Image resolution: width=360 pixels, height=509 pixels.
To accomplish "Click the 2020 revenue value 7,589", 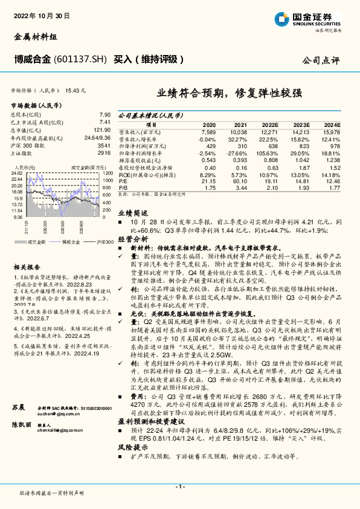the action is coord(207,131).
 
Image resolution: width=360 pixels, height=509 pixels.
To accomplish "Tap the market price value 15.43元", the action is coord(76,89).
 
